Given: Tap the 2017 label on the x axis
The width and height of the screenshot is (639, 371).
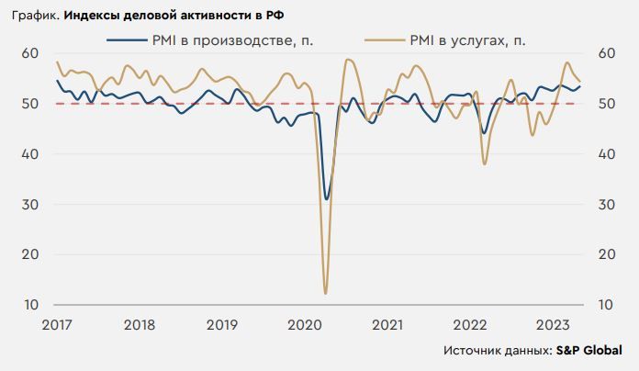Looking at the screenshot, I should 56,324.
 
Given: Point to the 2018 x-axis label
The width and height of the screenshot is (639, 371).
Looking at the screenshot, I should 139,324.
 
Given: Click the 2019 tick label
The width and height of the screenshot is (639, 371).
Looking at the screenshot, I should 222,324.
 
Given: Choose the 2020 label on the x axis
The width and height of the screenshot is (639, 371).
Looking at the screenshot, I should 305,324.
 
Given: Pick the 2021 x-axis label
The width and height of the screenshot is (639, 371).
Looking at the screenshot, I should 387,324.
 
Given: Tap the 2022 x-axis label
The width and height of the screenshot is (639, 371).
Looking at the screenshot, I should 470,324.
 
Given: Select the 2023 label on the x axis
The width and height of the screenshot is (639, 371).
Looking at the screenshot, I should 553,324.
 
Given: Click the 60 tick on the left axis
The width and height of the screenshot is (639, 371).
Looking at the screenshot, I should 29,53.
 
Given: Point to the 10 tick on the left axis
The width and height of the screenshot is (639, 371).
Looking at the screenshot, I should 29,305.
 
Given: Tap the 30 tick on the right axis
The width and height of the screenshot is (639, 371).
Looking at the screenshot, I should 606,204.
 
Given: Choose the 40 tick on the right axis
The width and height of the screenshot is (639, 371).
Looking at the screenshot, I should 606,154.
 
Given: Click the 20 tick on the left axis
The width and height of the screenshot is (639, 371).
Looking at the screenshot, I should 29,254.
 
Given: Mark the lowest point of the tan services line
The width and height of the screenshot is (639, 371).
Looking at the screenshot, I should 326,293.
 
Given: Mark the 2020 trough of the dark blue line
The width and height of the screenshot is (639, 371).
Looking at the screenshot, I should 327,198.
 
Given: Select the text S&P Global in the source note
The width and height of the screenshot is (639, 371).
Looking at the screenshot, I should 590,351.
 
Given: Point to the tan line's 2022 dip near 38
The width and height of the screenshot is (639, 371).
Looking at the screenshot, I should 484,163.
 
